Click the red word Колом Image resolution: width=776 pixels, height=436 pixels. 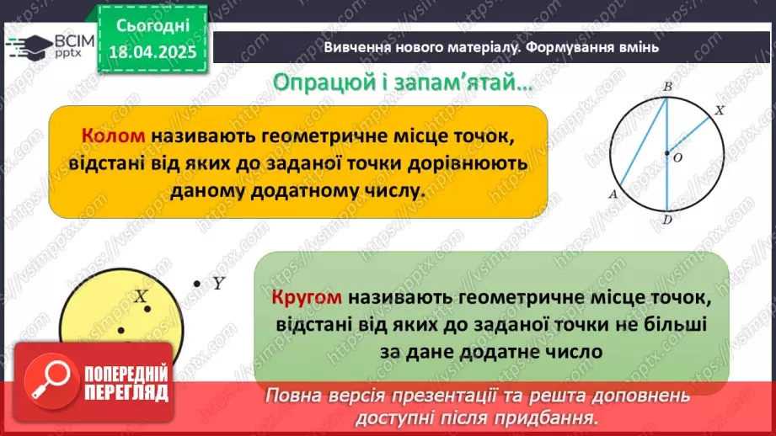(x=114, y=136)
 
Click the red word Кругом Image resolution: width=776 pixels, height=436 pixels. (x=308, y=298)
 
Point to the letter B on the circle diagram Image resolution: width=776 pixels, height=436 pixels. (x=666, y=87)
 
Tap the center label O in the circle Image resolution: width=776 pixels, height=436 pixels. (x=678, y=157)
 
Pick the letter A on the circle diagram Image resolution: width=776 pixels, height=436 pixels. (x=613, y=193)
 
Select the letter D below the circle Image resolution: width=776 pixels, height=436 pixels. (x=667, y=221)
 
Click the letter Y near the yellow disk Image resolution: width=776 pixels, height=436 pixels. (x=217, y=284)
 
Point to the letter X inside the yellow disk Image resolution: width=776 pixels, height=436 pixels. (x=142, y=296)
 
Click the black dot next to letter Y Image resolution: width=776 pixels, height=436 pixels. (x=197, y=284)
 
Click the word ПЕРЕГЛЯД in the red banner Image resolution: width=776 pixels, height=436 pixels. (x=126, y=393)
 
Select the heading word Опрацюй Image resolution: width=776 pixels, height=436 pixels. (x=316, y=82)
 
